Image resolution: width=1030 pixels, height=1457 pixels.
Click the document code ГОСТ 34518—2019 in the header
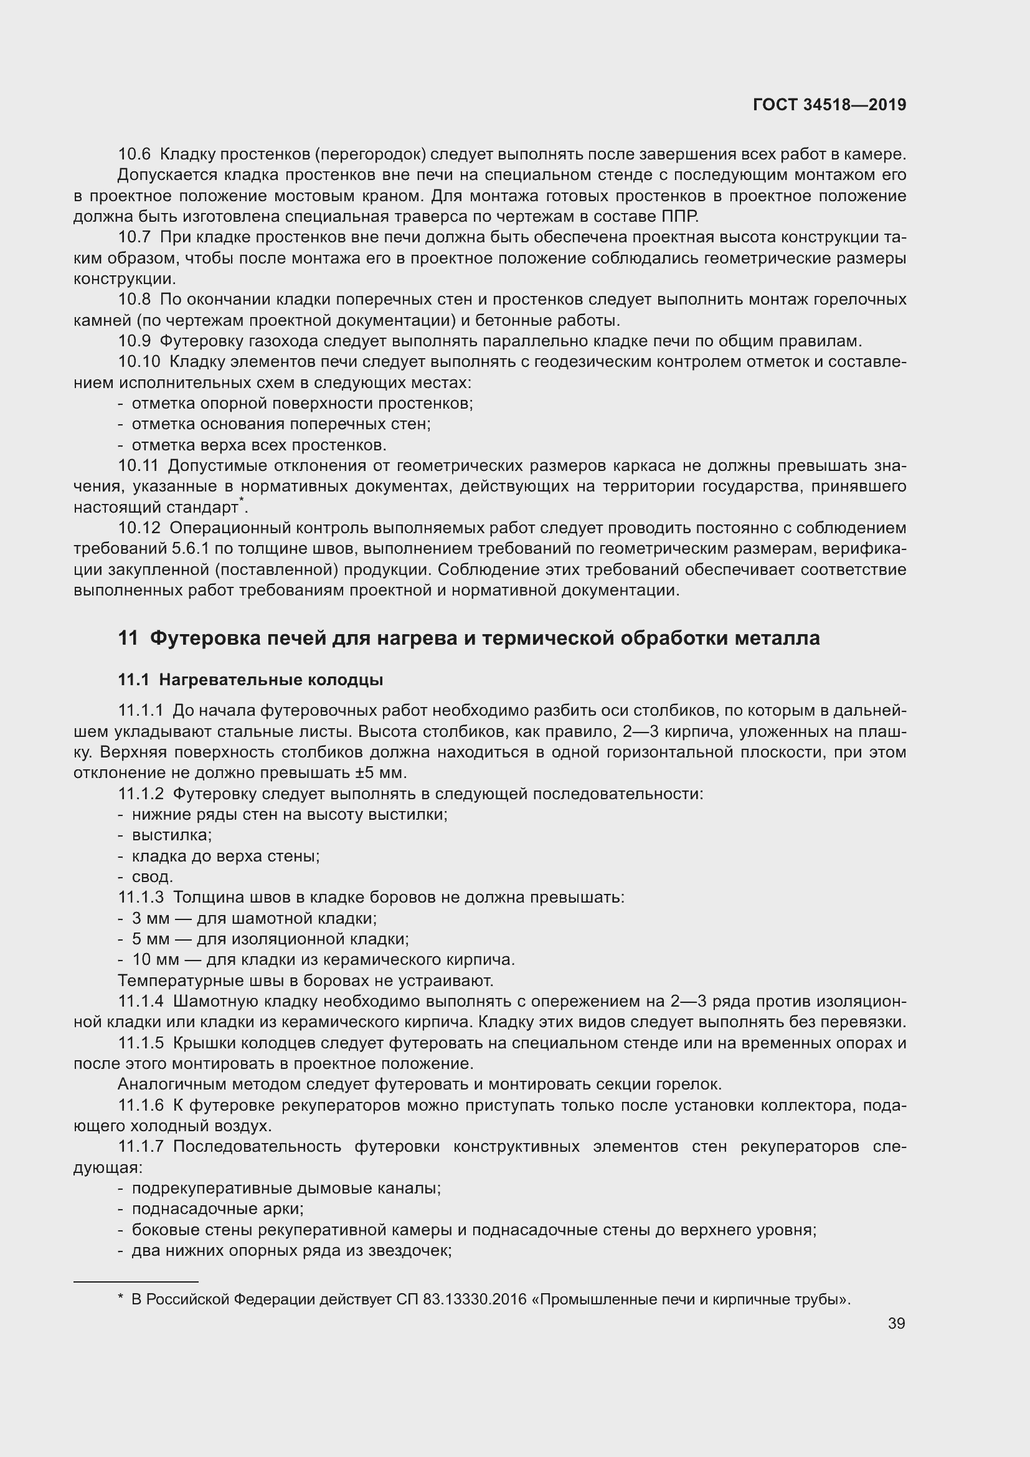point(829,105)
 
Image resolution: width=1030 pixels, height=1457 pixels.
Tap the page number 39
point(896,1323)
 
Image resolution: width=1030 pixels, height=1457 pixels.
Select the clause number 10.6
point(135,154)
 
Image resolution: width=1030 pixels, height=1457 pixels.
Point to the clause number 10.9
point(135,341)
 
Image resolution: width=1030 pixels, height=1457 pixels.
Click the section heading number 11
point(128,638)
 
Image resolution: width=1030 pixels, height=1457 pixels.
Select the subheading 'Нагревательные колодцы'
point(271,680)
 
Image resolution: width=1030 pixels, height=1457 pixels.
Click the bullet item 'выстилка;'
point(172,835)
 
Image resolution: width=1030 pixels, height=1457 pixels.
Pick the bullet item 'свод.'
point(152,877)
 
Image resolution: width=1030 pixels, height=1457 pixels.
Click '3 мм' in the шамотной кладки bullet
point(150,918)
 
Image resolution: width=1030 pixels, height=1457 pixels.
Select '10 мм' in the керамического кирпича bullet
point(156,959)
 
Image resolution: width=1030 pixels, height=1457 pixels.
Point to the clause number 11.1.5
point(141,1043)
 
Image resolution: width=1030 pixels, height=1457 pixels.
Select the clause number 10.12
point(139,528)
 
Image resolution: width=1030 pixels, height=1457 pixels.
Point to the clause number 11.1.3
point(141,897)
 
